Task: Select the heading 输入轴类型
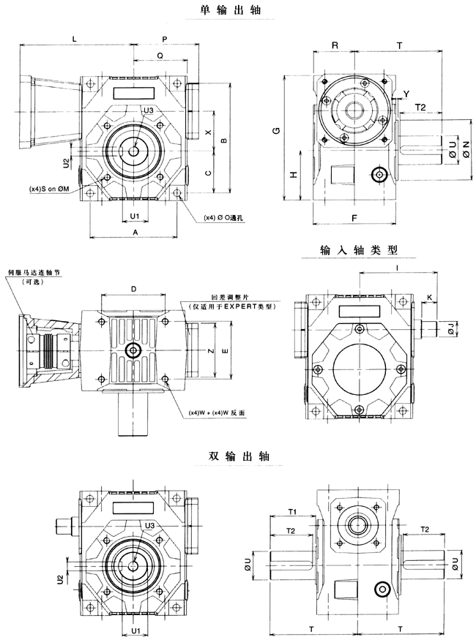[x=359, y=250]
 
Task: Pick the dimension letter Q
[x=160, y=55]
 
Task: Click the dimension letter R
[x=334, y=45]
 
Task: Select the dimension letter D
[x=133, y=289]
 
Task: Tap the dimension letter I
[x=395, y=269]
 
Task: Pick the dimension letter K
[x=428, y=295]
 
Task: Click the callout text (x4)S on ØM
[x=49, y=189]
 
